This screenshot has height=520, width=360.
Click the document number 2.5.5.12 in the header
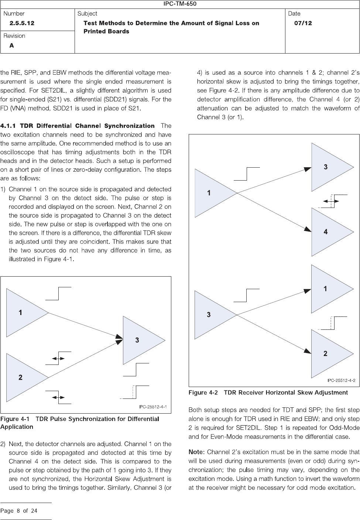click(22, 23)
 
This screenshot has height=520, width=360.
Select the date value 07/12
click(303, 23)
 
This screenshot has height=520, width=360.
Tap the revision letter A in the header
click(12, 45)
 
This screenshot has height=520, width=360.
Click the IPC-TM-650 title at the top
click(180, 4)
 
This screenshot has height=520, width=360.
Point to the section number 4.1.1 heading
click(9, 126)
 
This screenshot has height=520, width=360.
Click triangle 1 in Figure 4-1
click(24, 312)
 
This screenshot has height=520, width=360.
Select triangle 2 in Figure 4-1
click(24, 377)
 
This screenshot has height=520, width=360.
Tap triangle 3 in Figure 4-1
click(140, 340)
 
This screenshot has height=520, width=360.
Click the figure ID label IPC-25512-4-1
click(153, 407)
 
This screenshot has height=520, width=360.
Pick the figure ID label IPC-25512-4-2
click(342, 380)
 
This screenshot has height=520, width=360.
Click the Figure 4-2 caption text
click(268, 392)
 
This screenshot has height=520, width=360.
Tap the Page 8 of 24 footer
click(19, 511)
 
